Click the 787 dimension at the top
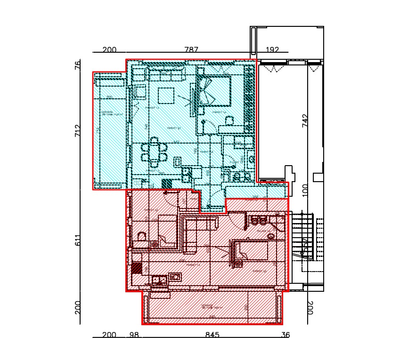tap(191, 49)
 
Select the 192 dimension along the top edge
tap(272, 49)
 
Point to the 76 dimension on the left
tap(78, 65)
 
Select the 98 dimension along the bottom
tap(134, 335)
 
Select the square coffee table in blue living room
tap(166, 96)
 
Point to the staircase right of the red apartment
tap(303, 235)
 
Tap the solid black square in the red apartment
tap(137, 268)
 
